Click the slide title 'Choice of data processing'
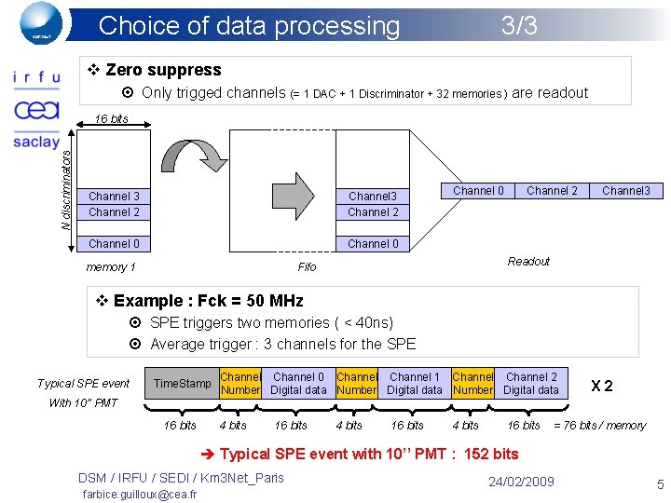tap(249, 25)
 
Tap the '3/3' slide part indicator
tap(519, 25)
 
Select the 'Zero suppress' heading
tap(163, 70)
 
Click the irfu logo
tap(36, 78)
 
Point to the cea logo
tap(36, 110)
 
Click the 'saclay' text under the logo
tap(36, 142)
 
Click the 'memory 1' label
tap(111, 267)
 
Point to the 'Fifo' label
tap(307, 267)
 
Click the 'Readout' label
tap(528, 262)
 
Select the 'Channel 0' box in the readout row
tap(478, 191)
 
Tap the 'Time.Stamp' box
tap(182, 384)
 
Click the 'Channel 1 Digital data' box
tap(414, 384)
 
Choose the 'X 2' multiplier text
tap(602, 386)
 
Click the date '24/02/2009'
tap(521, 482)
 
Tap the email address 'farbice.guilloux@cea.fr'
tap(139, 494)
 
